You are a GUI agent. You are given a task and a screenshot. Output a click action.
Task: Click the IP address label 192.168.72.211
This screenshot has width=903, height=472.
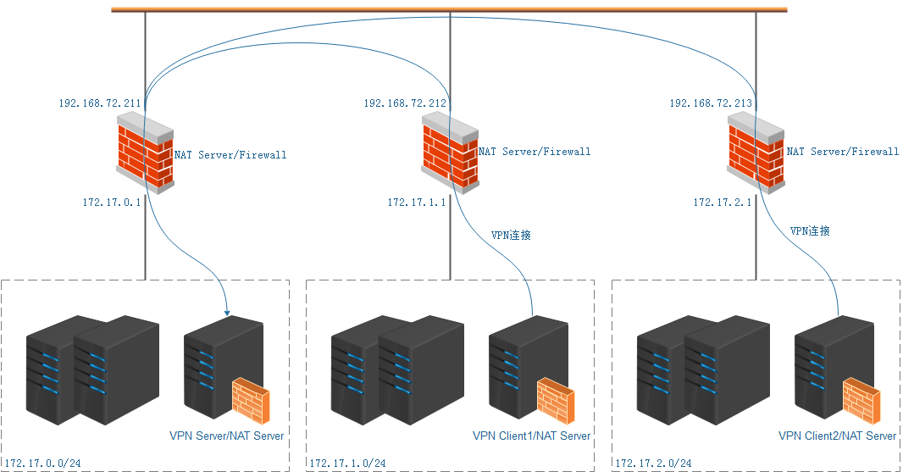pos(99,103)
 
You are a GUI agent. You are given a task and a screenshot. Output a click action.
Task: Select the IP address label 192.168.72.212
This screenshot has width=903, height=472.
pos(404,103)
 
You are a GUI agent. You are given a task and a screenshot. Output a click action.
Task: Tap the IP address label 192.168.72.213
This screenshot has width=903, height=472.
pos(710,103)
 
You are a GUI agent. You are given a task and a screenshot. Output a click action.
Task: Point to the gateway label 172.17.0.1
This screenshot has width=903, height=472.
pos(110,203)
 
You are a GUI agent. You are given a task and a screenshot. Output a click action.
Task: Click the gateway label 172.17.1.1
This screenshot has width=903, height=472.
pos(416,203)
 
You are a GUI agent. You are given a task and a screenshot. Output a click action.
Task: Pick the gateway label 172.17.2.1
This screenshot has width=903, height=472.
pos(722,203)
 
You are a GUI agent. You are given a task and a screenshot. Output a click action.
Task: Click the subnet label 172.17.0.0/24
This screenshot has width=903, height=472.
pos(42,464)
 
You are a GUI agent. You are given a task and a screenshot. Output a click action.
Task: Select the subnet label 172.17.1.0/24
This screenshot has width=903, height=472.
pos(347,464)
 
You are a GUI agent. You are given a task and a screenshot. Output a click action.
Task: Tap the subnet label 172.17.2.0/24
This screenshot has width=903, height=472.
pos(653,464)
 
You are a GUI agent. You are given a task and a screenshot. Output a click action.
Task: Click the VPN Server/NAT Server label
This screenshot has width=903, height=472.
pos(226,436)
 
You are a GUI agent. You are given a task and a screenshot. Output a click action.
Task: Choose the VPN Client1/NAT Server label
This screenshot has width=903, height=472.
pos(531,436)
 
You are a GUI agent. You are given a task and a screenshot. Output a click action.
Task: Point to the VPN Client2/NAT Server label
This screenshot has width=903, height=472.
pos(837,436)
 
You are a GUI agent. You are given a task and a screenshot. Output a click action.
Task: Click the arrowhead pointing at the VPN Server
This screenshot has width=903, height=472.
pos(228,314)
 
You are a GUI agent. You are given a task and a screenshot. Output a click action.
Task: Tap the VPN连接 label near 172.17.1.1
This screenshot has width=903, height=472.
pos(511,235)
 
